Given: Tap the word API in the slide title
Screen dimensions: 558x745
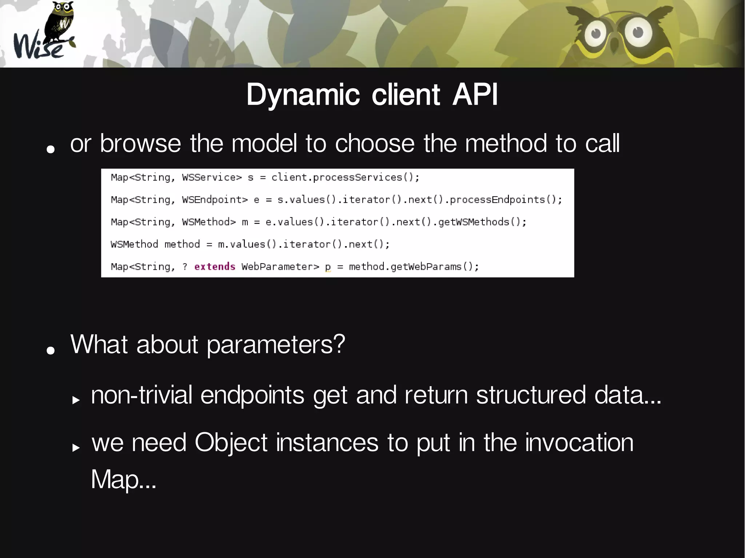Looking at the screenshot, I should coord(475,95).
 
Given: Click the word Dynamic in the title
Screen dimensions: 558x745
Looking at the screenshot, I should coord(303,95).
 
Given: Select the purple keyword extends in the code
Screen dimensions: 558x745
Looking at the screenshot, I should coord(215,267).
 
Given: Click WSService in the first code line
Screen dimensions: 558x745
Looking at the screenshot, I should coord(212,178).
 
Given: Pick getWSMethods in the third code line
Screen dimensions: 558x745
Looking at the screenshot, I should coord(474,222).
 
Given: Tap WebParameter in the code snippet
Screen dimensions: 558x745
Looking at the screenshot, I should coord(280,267).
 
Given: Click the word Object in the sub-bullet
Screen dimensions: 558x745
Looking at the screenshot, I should coord(231,443).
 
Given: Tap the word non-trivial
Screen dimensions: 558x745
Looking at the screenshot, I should coord(142,395).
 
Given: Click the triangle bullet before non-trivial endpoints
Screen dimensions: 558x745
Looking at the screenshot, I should coord(76,400).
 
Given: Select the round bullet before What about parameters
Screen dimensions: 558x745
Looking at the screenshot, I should coord(51,350).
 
